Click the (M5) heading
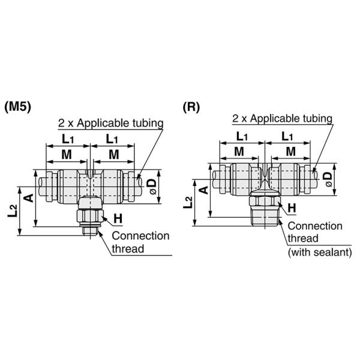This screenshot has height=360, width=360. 17,107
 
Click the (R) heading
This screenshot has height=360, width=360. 191,107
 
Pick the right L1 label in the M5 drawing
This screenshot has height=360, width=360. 112,139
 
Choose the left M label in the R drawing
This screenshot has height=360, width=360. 239,151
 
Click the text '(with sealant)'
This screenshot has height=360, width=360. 320,253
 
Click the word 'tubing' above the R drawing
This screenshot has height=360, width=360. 314,118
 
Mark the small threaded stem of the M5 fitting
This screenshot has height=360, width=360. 91,229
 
